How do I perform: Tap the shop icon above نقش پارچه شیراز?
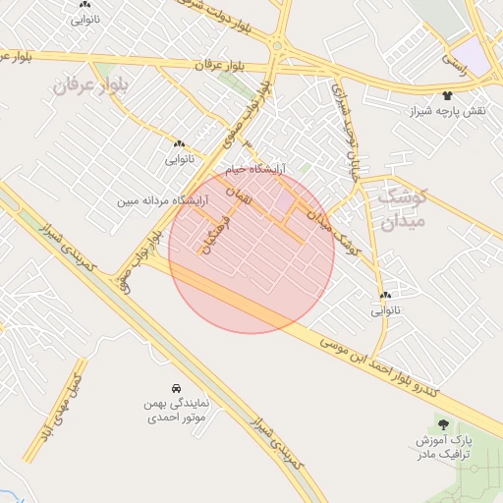(x=448, y=96)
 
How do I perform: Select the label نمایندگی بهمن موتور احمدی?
(x=173, y=411)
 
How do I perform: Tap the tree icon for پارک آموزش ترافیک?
(x=443, y=423)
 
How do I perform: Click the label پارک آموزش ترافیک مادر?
(x=444, y=447)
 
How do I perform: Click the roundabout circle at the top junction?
(x=278, y=46)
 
